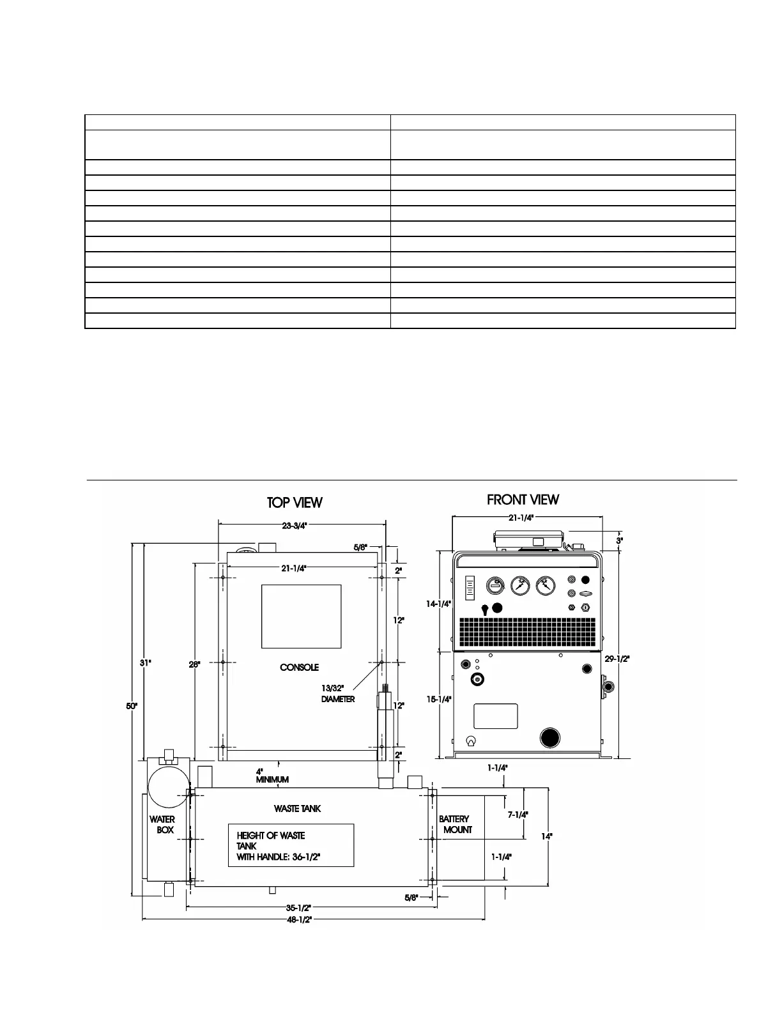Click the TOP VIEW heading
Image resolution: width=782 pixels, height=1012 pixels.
coord(295,503)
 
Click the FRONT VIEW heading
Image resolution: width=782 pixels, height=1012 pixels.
coord(523,500)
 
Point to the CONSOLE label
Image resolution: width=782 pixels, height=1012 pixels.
coord(299,668)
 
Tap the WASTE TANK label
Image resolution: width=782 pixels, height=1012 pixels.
coord(298,808)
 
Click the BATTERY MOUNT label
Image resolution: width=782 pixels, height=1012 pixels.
coord(455,824)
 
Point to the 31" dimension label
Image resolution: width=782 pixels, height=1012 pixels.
coord(146,663)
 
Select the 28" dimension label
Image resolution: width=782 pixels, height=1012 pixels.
coord(195,664)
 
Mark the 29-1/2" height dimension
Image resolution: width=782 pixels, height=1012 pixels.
coord(617,659)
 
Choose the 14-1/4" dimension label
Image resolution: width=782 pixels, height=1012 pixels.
coord(439,603)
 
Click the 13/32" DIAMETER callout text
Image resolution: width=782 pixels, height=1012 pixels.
coord(337,694)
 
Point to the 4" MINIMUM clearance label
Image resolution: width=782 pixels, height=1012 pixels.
coord(272,775)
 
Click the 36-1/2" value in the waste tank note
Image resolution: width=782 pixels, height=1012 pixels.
coord(306,857)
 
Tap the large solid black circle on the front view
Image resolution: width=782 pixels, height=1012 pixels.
coord(551,737)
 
